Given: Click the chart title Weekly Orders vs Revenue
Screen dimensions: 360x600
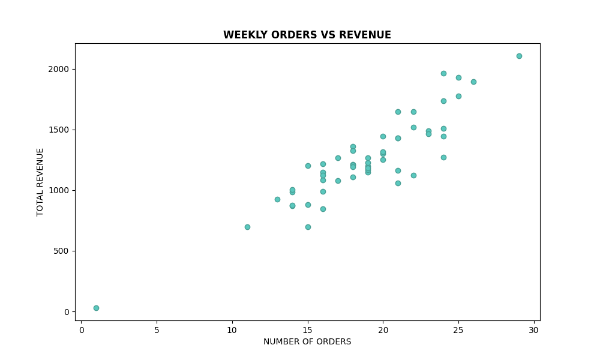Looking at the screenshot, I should coord(307,35).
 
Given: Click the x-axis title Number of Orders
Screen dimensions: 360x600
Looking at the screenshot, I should coord(307,342).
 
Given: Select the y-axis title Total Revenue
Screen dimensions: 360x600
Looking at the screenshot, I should coord(40,182).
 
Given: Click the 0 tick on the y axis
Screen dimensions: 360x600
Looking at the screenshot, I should coord(67,311).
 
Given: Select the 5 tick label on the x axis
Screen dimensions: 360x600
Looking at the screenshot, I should coord(157,329).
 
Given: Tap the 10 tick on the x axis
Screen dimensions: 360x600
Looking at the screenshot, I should coord(232,329).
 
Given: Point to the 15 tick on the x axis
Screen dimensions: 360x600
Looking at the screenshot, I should coord(308,329).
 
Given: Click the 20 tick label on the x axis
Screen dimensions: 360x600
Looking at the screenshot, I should coord(383,329).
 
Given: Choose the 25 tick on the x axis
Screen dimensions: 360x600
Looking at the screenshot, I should coord(458,329).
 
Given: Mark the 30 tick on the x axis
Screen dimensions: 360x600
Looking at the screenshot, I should coord(534,329).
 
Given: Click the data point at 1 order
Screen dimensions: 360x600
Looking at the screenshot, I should coord(96,308).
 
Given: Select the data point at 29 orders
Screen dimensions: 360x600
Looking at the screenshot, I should coord(519,56).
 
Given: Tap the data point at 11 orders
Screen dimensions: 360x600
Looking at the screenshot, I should coord(247,227).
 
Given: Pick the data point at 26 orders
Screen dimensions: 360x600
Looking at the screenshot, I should coord(473,82).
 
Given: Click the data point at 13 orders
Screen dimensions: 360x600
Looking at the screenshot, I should coord(277,199).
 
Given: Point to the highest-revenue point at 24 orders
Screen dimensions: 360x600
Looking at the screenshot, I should coord(443,73).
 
